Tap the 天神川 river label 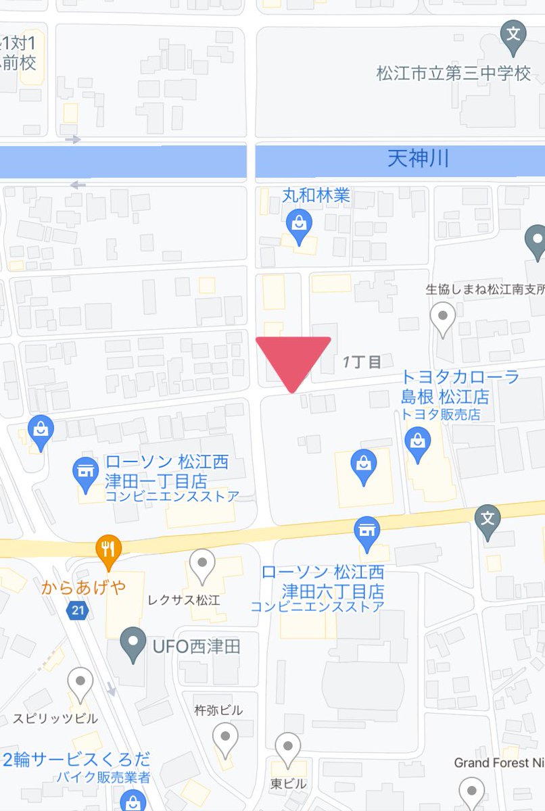coord(418,159)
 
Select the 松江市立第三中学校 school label coord(453,73)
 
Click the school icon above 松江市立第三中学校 coord(513,34)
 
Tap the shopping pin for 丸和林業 coord(298,224)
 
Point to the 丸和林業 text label coord(316,195)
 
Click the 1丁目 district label coord(362,362)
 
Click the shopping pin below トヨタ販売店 coord(418,443)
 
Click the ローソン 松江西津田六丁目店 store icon coord(367,531)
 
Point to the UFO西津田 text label coord(196,646)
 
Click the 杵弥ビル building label coord(218,710)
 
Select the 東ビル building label coord(288,784)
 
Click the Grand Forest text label coord(499,762)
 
